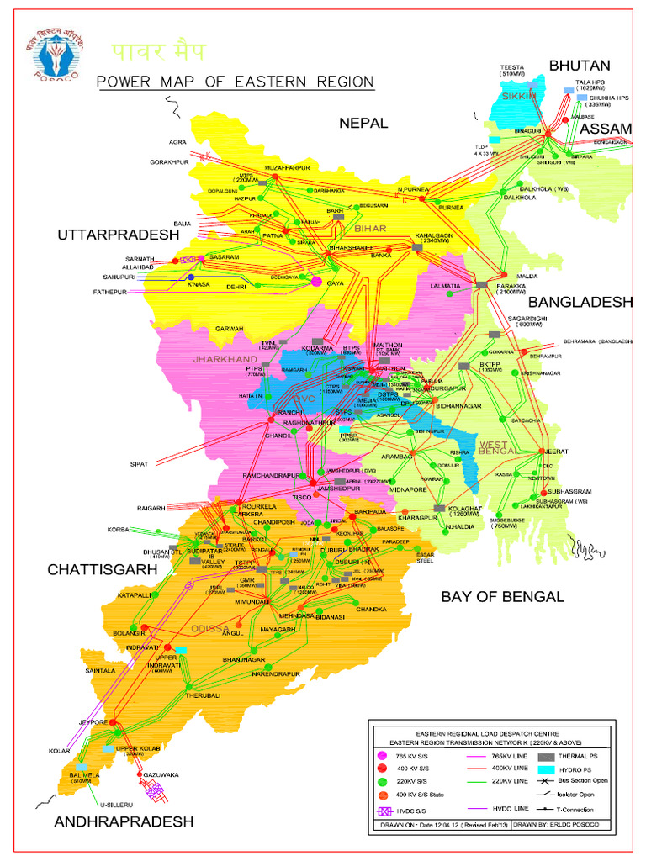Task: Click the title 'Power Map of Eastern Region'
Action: [x=235, y=82]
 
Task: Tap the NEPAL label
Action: [x=363, y=123]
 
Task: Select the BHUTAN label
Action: [x=580, y=66]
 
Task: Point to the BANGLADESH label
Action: [x=580, y=302]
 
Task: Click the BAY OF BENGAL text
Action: [x=501, y=597]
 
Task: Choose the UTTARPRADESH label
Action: [x=119, y=235]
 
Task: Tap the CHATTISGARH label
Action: [x=102, y=569]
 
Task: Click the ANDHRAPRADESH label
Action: [x=124, y=821]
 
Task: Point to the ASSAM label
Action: [x=605, y=128]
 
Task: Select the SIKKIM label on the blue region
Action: [x=518, y=97]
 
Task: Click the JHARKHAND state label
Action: [x=224, y=359]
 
